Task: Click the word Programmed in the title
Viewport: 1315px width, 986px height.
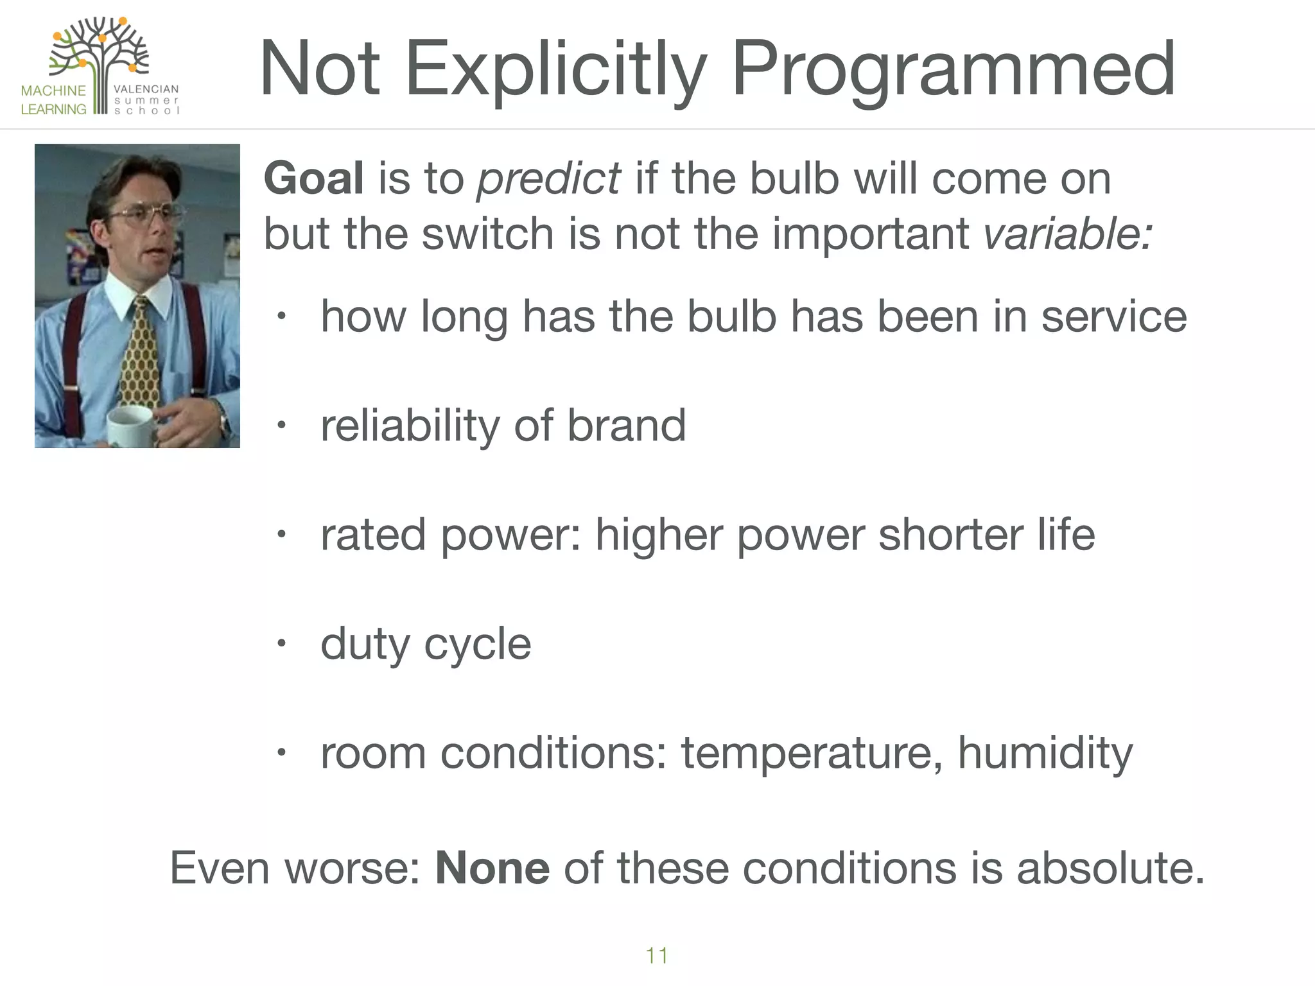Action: (x=954, y=69)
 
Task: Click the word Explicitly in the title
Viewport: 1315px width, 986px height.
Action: (x=555, y=69)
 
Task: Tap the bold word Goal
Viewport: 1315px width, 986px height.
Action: (x=313, y=178)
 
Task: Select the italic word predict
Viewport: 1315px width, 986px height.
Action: (x=548, y=179)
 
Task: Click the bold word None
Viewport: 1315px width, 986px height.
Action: (x=492, y=868)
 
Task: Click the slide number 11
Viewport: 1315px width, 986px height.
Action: (x=656, y=955)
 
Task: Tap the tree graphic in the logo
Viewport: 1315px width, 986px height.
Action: (x=100, y=55)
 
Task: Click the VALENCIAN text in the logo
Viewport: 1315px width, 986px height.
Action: (x=146, y=89)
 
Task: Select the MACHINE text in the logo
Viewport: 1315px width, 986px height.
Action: (x=53, y=91)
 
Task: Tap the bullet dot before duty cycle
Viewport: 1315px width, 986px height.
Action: (x=281, y=643)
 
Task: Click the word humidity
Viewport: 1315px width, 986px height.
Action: (x=1045, y=753)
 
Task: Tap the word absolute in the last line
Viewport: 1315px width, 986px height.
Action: (x=1110, y=868)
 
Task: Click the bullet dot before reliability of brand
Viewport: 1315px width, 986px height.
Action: (x=281, y=425)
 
